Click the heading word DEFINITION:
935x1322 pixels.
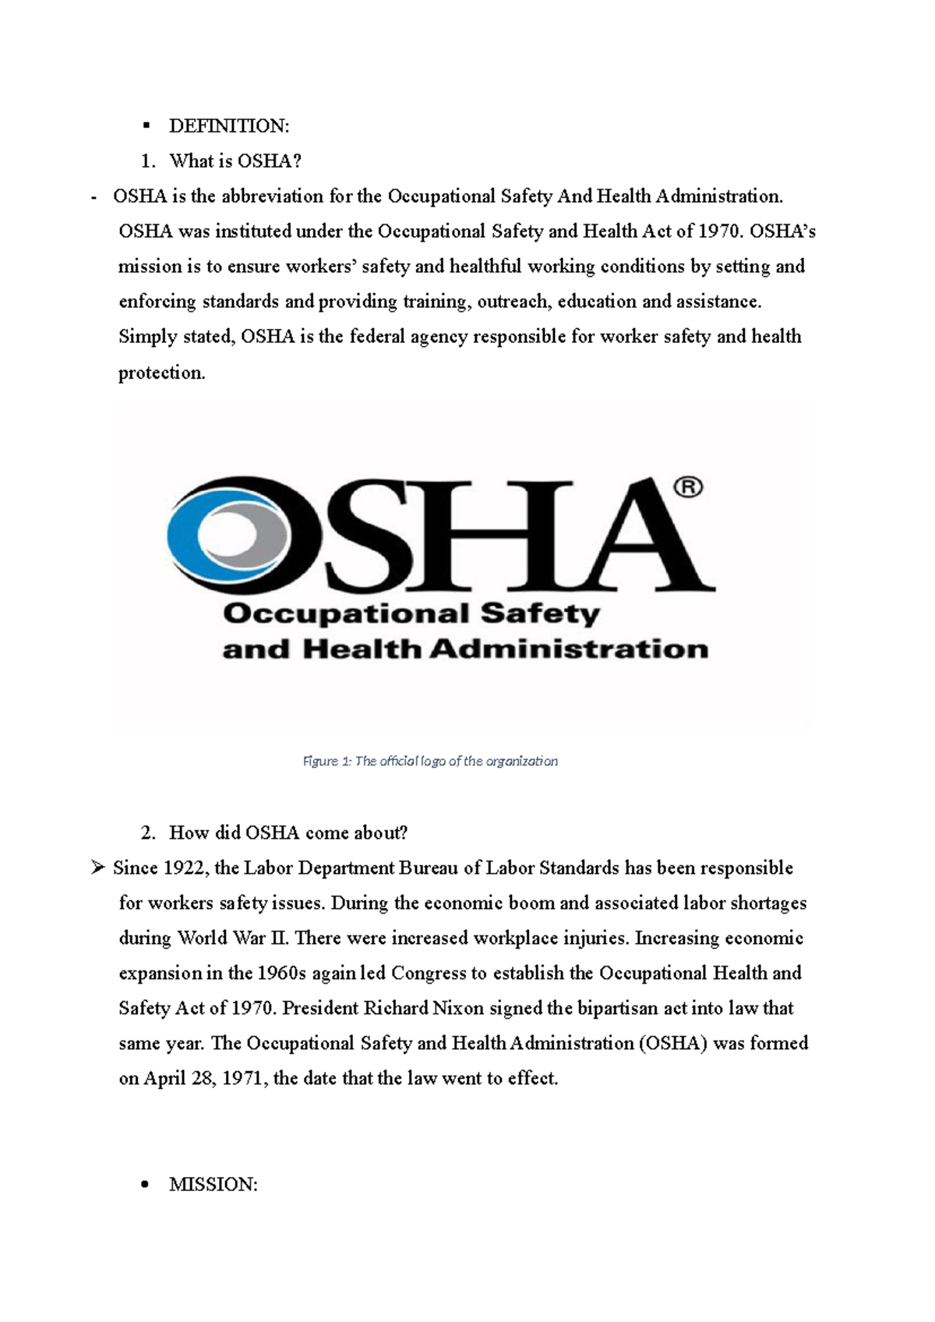click(229, 126)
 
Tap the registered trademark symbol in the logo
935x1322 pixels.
click(687, 488)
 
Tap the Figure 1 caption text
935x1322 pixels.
click(430, 761)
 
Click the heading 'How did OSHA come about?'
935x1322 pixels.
click(288, 833)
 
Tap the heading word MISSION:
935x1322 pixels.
click(213, 1185)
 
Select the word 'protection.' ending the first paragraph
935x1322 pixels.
click(162, 373)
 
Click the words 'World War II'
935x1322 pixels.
click(233, 938)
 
